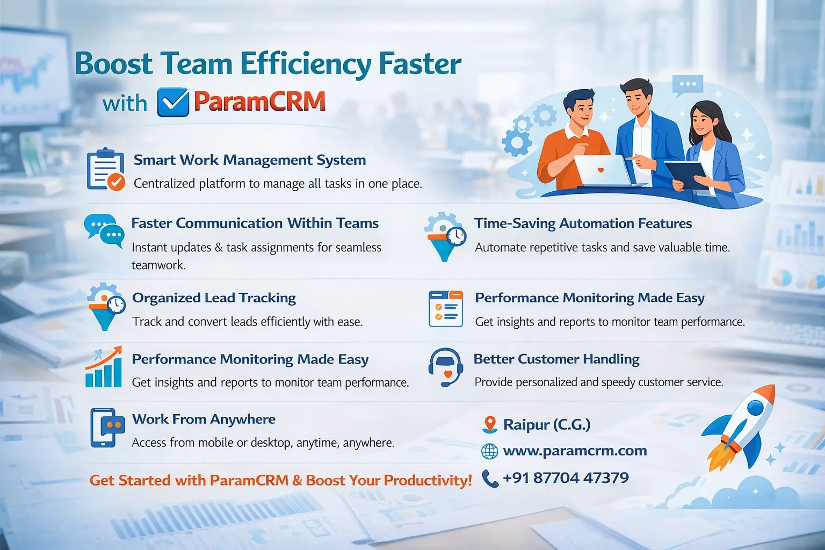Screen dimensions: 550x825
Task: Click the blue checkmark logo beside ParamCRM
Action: [x=173, y=102]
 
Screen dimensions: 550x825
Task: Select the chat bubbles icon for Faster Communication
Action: [x=104, y=230]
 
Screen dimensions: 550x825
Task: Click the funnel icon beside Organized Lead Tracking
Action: [x=105, y=307]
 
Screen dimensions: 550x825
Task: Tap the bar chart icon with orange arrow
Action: [x=104, y=368]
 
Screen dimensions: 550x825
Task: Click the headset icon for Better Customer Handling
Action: [x=445, y=367]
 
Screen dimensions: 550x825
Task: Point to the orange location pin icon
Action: [x=489, y=424]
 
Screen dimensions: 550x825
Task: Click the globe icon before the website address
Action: [x=489, y=451]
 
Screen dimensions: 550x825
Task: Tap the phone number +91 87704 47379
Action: [x=566, y=477]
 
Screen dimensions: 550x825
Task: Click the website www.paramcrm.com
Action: [x=575, y=451]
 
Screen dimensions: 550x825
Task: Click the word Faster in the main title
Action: [x=420, y=64]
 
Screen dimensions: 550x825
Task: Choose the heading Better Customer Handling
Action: [x=556, y=359]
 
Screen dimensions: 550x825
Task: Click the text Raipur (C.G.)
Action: [x=547, y=424]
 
